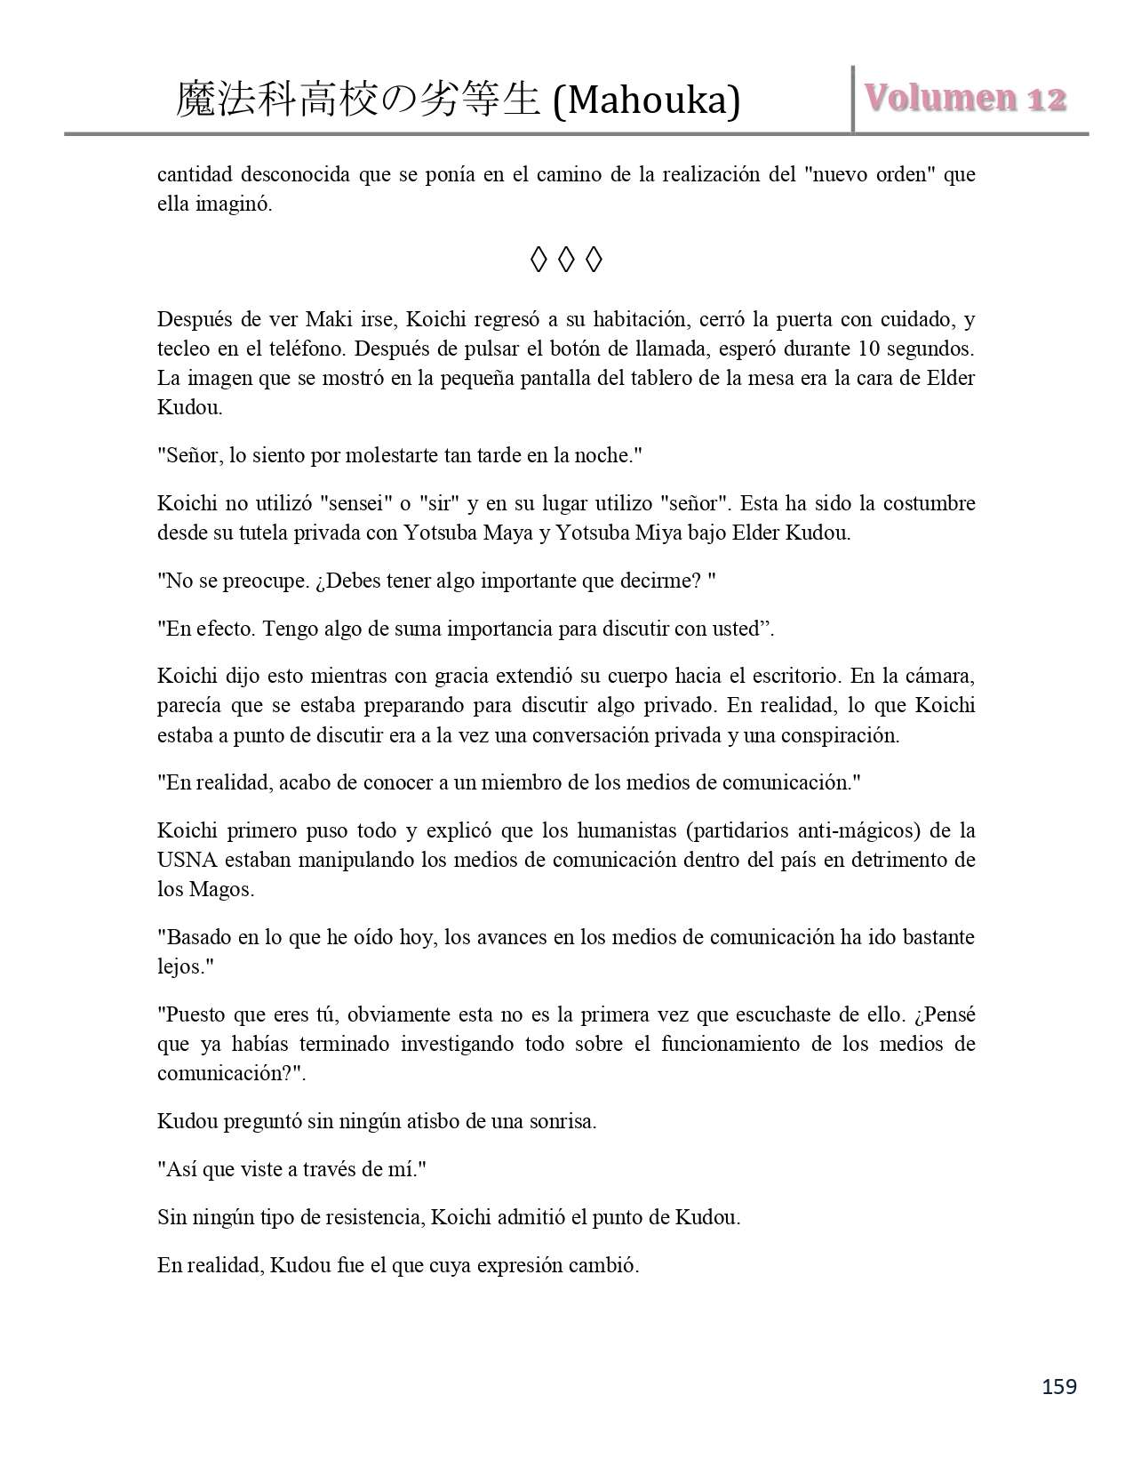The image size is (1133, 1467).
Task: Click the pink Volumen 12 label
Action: pos(966,99)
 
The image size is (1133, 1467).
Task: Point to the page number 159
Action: pos(1059,1386)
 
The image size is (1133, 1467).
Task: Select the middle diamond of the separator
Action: pos(566,261)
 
